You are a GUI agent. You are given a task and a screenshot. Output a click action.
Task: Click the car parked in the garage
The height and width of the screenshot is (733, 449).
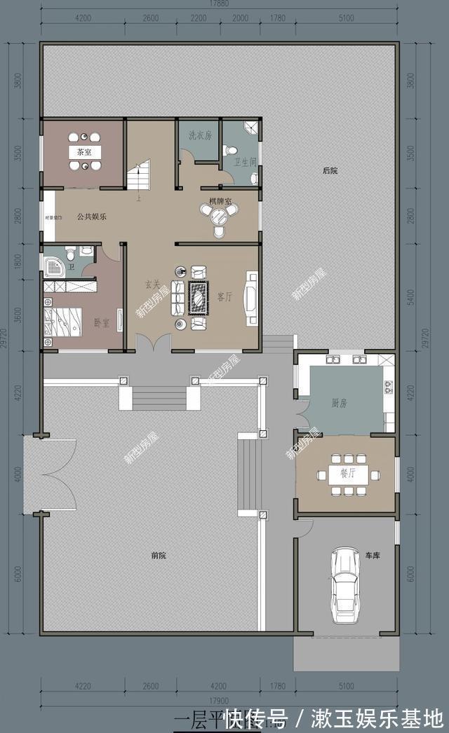(344, 585)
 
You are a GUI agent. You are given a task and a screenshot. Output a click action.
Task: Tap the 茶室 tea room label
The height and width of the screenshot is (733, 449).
(85, 151)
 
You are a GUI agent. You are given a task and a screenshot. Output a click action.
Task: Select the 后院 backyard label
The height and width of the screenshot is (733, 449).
(330, 170)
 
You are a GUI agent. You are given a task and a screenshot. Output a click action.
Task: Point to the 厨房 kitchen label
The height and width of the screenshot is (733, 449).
(340, 404)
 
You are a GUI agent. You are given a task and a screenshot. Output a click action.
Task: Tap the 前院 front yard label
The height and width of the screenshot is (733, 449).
(159, 556)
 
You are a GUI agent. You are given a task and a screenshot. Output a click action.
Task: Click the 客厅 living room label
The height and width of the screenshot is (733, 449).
(224, 296)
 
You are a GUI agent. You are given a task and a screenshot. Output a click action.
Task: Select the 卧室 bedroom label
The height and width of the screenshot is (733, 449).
(101, 323)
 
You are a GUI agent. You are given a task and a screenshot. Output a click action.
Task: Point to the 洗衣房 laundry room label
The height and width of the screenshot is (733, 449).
(200, 135)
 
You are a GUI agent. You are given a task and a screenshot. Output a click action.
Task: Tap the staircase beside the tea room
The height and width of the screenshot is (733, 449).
(139, 176)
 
